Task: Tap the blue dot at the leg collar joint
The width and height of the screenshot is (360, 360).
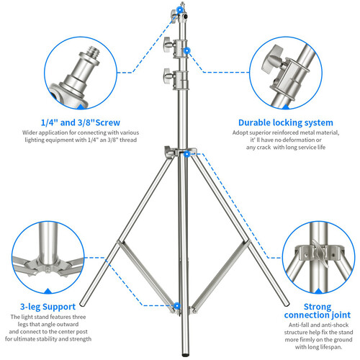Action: click(187, 153)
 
